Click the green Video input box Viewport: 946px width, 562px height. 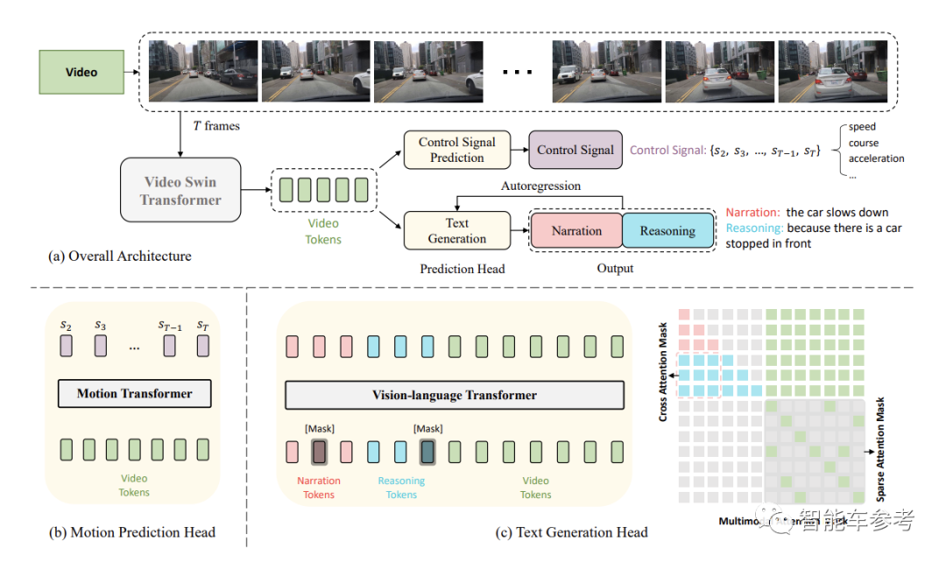81,73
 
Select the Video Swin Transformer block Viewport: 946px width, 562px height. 180,190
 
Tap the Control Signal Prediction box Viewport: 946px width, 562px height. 456,150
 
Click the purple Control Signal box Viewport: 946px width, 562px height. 575,150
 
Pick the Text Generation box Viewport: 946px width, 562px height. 456,231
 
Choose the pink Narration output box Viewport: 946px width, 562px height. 576,231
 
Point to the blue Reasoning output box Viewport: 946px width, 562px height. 667,231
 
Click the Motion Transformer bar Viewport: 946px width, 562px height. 134,393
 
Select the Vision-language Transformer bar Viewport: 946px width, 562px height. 455,395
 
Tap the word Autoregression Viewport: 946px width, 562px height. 540,186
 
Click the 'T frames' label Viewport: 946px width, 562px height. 215,126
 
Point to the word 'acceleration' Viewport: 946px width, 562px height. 876,158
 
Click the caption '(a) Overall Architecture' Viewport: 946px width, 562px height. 120,256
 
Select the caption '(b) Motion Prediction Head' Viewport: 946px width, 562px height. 132,531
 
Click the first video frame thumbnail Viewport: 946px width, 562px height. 203,71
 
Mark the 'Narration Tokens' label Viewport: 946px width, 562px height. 319,488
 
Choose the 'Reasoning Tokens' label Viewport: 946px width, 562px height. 401,488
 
